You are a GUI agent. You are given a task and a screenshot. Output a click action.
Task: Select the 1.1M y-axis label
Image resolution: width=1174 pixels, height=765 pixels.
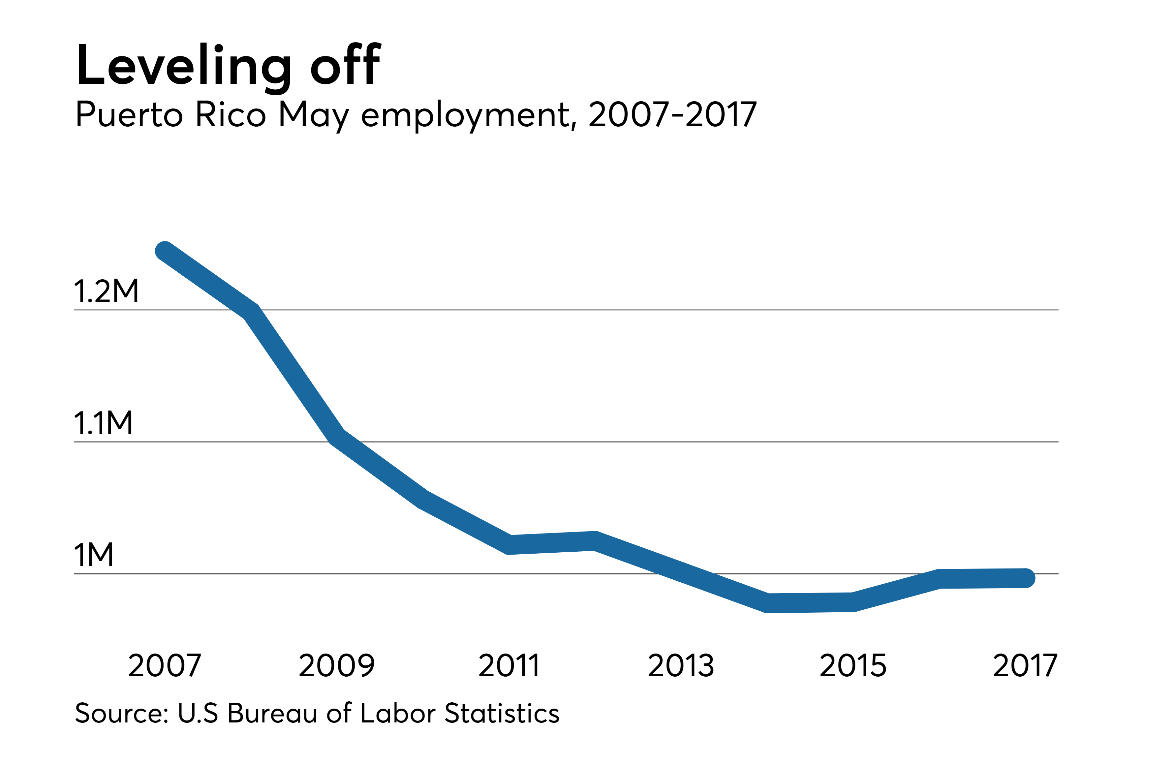coord(103,423)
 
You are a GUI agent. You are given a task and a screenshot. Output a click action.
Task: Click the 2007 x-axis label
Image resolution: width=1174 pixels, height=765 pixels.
coord(165,665)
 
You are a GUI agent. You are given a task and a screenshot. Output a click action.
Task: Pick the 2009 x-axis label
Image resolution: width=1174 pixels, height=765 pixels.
coord(337,665)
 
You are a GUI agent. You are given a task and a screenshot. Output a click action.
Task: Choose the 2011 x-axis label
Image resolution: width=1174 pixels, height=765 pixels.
coord(509,665)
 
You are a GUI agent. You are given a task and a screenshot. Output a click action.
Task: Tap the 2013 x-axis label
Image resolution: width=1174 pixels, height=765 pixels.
coord(681,665)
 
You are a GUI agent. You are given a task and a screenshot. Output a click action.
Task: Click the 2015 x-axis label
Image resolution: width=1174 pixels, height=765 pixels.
coord(853,665)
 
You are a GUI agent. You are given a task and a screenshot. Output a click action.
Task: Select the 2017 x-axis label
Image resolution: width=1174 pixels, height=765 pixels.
coord(1025,665)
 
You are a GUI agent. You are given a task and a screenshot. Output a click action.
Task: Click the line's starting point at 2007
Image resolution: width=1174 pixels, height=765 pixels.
coord(165,251)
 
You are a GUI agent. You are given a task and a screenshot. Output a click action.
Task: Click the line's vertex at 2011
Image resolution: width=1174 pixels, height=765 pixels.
coord(509,544)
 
